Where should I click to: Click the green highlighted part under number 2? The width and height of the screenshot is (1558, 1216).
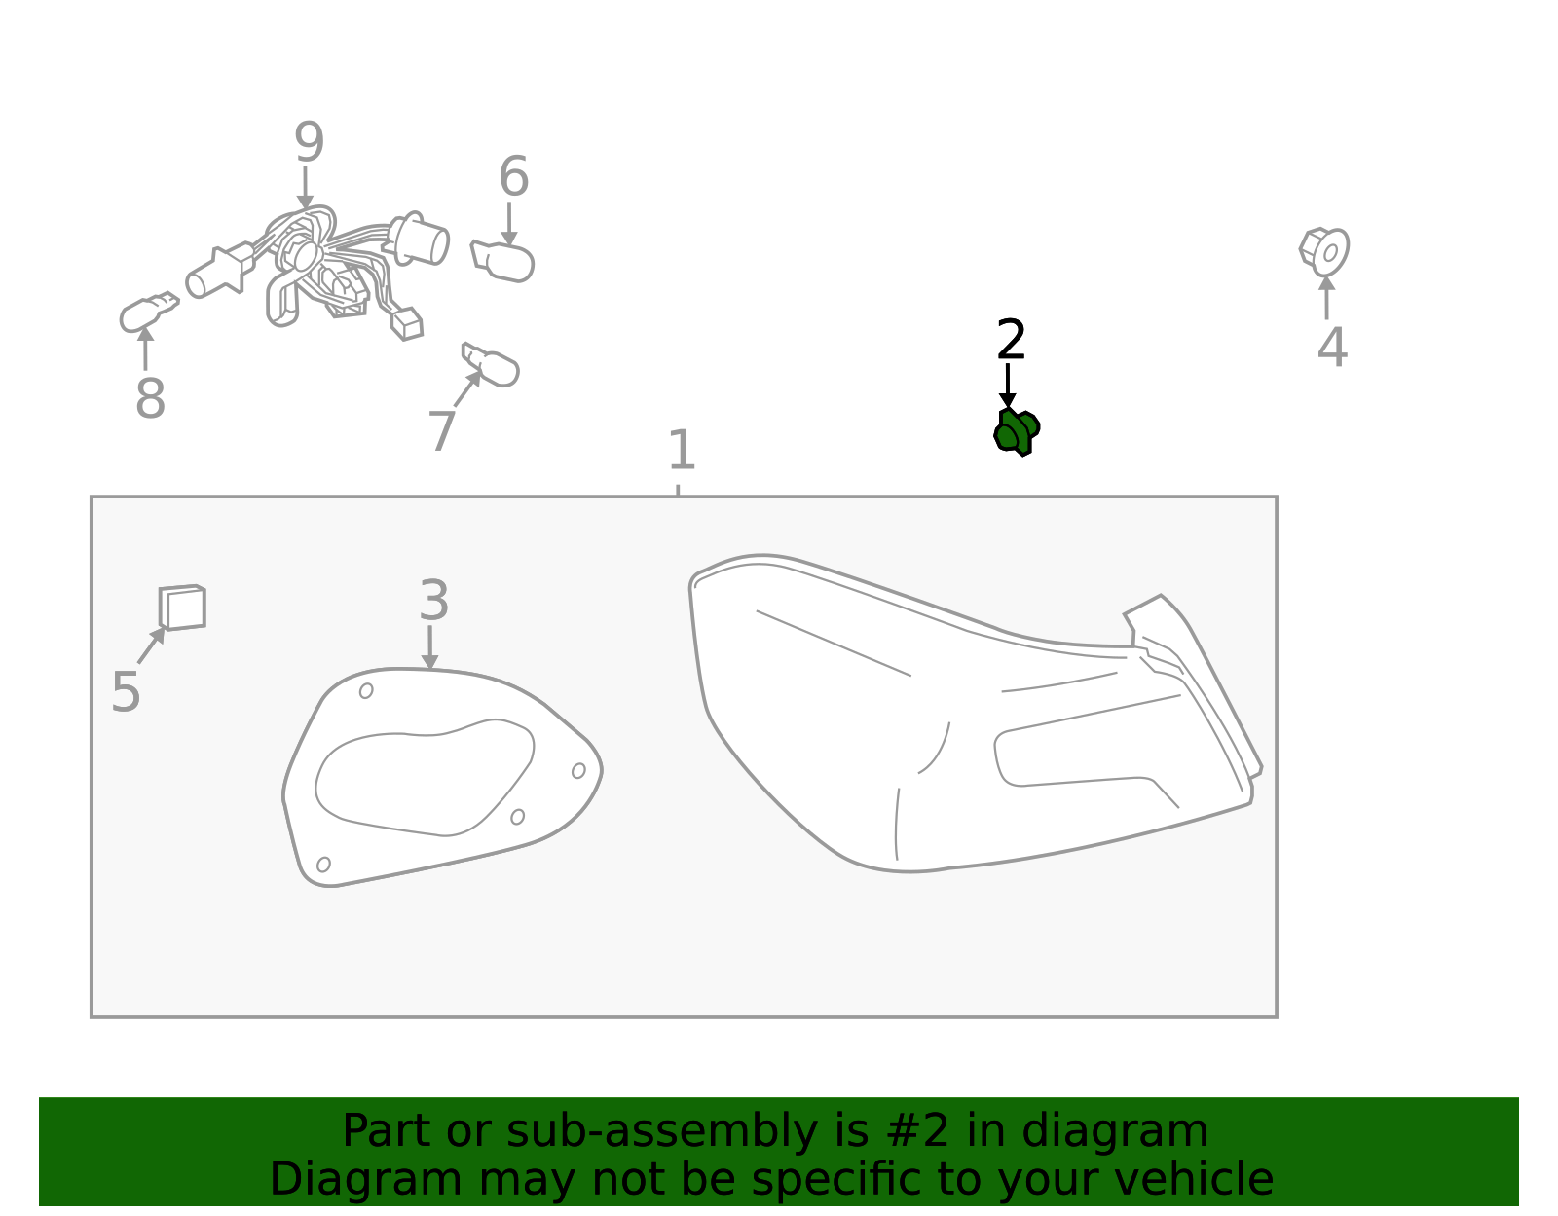pos(1016,433)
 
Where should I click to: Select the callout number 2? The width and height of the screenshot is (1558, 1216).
pos(1011,340)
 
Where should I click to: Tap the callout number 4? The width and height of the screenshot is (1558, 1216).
pos(1332,348)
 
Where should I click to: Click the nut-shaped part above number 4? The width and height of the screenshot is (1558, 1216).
pos(1324,251)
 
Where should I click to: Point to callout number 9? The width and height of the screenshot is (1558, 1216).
pos(309,141)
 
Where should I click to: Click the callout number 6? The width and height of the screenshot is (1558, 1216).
pos(513,176)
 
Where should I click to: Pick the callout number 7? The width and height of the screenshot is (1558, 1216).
pos(441,430)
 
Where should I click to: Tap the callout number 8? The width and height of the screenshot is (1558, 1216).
pos(150,398)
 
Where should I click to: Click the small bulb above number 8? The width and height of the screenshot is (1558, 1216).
pos(149,312)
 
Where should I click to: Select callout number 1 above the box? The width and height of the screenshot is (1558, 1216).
pos(681,450)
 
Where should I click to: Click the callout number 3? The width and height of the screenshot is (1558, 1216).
pos(433,601)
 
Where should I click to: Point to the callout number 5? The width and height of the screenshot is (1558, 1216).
pos(127,692)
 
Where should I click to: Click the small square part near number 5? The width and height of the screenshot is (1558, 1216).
pos(182,608)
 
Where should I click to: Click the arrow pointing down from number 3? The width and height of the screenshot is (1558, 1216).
pos(429,647)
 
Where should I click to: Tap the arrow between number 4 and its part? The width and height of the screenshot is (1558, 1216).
pos(1327,297)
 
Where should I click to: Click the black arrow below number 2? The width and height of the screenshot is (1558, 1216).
pos(1008,387)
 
